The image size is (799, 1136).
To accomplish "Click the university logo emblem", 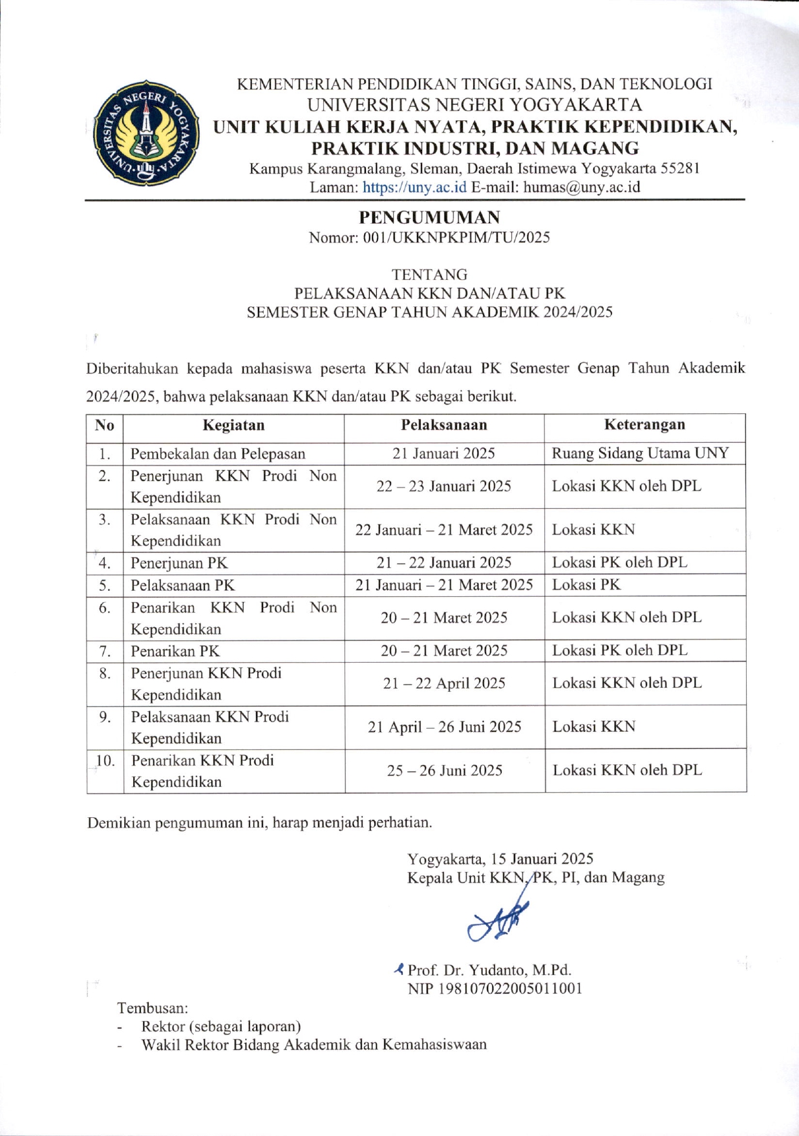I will point(146,134).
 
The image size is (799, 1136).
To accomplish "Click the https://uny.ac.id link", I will point(414,188).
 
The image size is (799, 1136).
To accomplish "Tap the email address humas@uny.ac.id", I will point(581,188).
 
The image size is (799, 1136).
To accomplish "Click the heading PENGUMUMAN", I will point(429,217).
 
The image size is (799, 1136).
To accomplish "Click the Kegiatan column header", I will point(233,425).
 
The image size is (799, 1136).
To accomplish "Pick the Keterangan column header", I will point(645,425).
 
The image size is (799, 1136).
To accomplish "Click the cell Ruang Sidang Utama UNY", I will point(640,453).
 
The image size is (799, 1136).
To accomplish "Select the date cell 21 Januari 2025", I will point(443,453).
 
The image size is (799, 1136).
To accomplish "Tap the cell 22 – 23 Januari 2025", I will point(443,486).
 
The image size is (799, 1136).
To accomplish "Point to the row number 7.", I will point(105,651).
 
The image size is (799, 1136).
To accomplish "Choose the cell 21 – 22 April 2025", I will point(444,683).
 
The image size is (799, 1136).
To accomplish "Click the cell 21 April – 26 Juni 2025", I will point(444,727).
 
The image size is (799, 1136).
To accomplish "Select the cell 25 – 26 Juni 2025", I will point(444,771).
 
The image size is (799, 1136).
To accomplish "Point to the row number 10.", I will point(105,761).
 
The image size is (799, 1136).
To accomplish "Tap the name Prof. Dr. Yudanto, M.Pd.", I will point(489,970).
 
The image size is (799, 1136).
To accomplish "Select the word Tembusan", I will point(153,1008).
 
